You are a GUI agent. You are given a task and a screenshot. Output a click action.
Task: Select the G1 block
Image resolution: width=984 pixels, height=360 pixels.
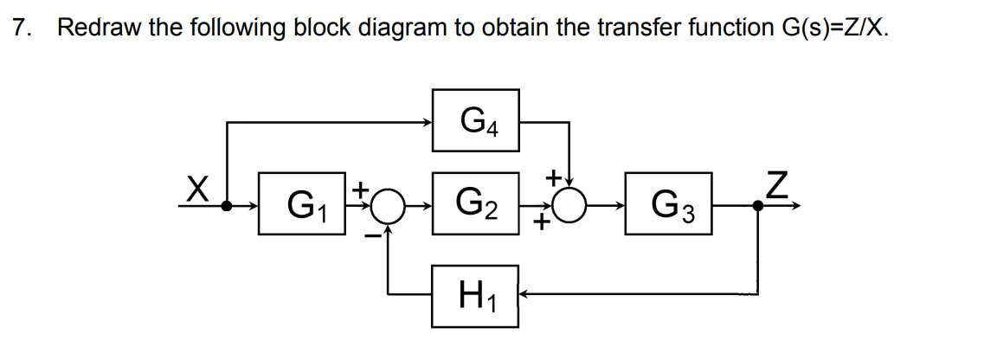coord(302,207)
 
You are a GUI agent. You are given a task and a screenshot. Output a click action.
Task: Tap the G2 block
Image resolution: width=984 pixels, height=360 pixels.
coord(476,207)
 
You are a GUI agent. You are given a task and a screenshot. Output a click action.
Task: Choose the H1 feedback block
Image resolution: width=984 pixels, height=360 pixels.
coord(476,295)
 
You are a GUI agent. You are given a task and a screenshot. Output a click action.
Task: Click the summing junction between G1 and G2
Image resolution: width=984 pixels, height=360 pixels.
coord(390,207)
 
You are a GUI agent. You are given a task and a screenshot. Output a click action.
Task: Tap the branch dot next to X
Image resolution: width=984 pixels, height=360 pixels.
coord(227,207)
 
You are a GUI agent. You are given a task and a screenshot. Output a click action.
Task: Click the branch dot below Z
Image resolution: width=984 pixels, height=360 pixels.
coord(759,207)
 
